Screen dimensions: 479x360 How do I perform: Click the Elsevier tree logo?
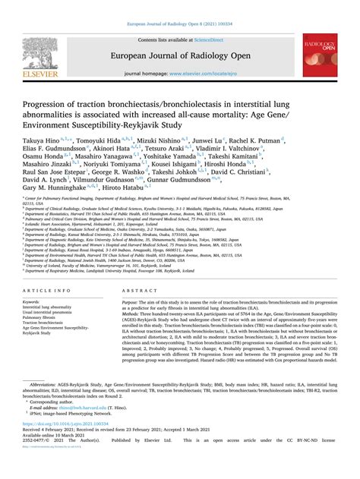(36, 54)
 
